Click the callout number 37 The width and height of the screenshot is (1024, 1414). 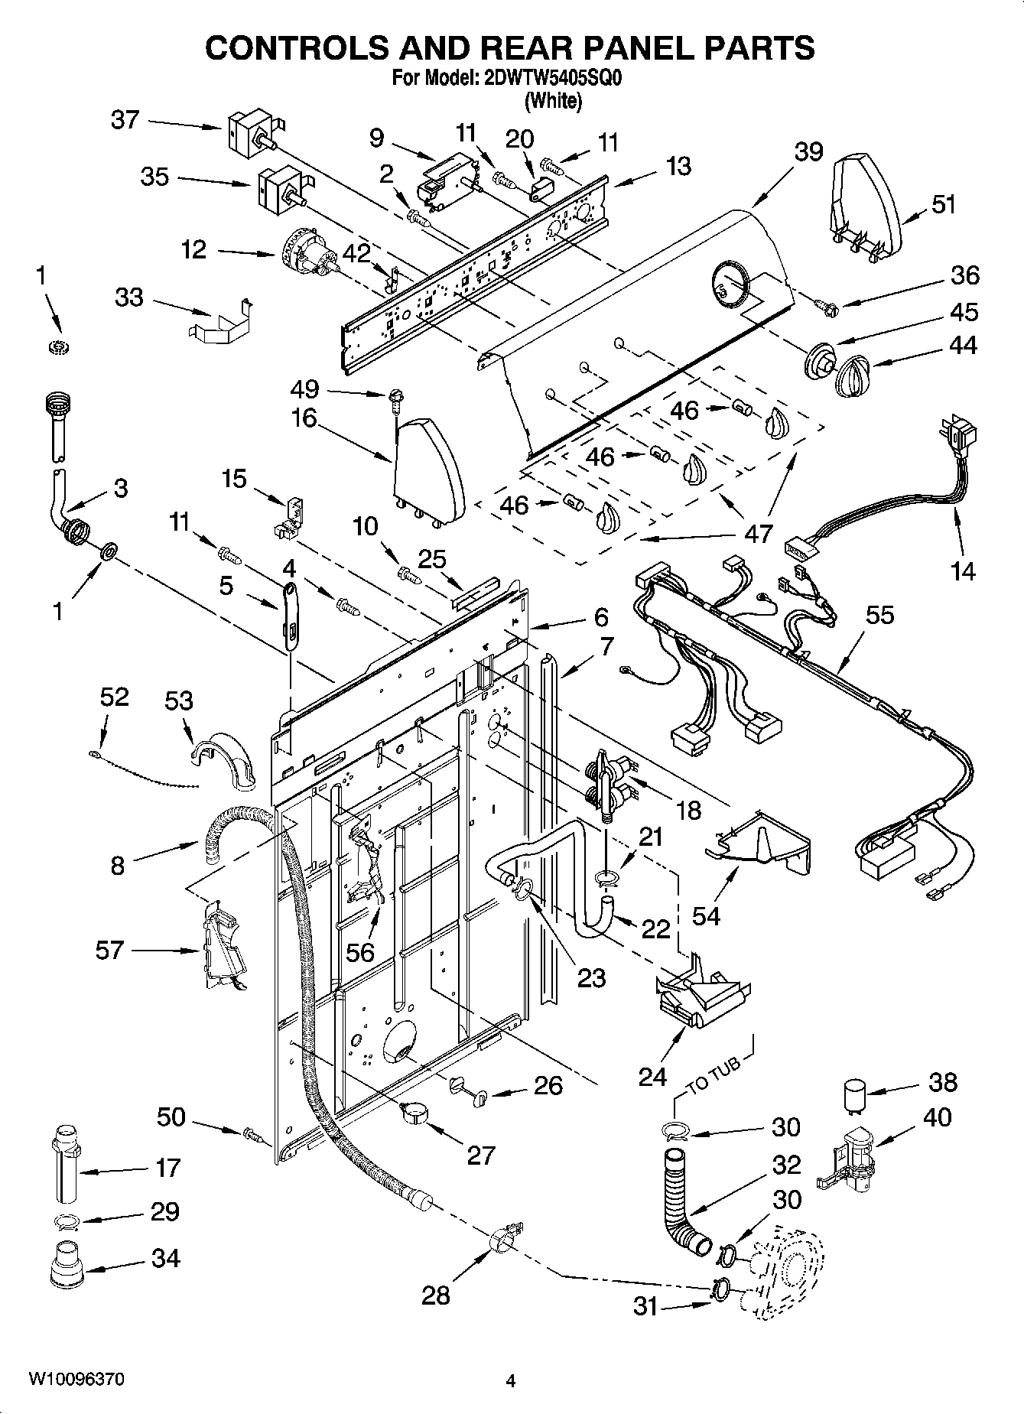tap(125, 119)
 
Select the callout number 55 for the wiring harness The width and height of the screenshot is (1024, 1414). tap(879, 615)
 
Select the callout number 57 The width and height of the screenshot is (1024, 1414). tap(109, 950)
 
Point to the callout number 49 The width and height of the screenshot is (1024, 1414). tap(304, 389)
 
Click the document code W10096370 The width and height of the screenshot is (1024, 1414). tap(76, 1380)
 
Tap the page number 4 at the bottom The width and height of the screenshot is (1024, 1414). tap(511, 1380)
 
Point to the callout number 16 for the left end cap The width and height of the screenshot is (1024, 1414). tap(304, 418)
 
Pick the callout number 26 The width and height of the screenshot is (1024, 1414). tap(548, 1085)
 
